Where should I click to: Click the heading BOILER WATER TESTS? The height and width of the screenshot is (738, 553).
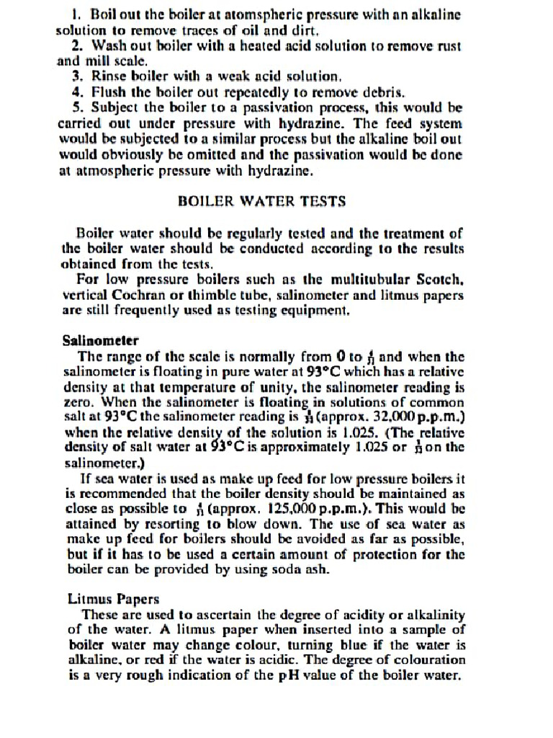pyautogui.click(x=261, y=201)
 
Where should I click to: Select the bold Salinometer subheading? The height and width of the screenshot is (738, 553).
pyautogui.click(x=101, y=340)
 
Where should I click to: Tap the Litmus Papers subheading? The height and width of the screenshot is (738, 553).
pyautogui.click(x=113, y=598)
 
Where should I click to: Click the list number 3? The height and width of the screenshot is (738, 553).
pyautogui.click(x=78, y=76)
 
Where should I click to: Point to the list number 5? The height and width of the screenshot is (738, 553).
pyautogui.click(x=78, y=107)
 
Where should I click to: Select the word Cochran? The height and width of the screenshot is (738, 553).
pyautogui.click(x=136, y=295)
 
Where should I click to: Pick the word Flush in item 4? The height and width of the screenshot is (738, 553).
pyautogui.click(x=108, y=92)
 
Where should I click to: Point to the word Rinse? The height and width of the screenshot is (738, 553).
pyautogui.click(x=107, y=76)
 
